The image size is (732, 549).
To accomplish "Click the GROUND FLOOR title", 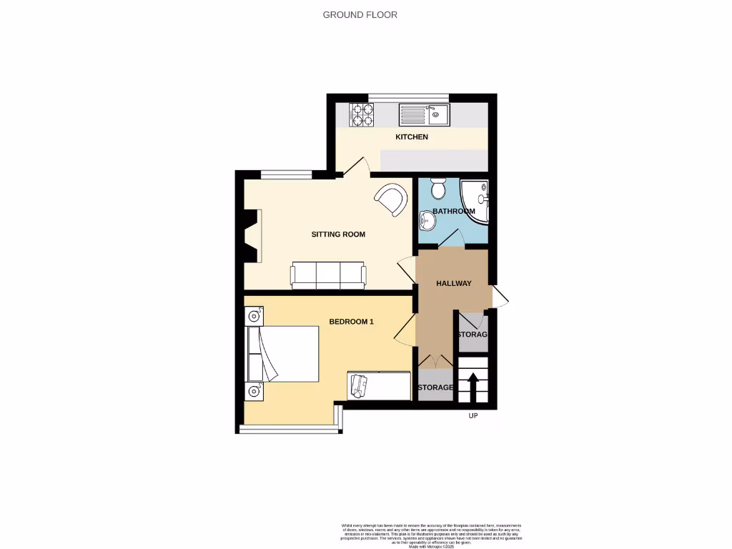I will [x=360, y=14].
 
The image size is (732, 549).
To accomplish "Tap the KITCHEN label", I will [x=412, y=137].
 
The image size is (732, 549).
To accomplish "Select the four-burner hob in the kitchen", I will [x=362, y=115].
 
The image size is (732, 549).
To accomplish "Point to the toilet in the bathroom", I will [x=438, y=189].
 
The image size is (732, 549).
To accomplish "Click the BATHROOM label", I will [x=453, y=212].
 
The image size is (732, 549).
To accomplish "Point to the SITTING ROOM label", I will [x=338, y=234].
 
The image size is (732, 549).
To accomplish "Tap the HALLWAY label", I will [x=454, y=284].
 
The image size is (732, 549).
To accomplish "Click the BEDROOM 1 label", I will [x=351, y=322].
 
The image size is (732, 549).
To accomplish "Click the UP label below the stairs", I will [x=473, y=416].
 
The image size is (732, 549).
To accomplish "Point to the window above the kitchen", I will [x=409, y=97].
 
